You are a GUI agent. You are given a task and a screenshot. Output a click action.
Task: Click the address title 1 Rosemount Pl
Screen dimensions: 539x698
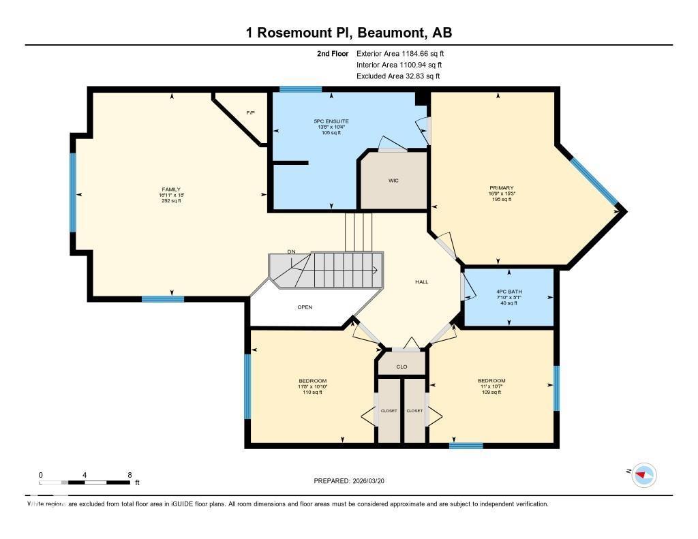pos(348,33)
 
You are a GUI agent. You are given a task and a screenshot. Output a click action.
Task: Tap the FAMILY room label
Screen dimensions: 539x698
pos(171,189)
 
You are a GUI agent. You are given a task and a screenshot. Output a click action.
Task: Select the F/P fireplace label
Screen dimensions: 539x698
pos(250,112)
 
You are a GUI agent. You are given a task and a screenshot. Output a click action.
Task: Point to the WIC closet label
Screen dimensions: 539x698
pos(393,181)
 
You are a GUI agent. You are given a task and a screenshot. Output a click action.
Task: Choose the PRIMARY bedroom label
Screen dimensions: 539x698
pos(501,187)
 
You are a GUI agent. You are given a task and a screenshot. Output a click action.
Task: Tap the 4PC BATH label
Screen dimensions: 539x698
pos(509,292)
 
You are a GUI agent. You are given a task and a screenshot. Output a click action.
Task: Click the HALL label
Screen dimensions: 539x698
pos(422,281)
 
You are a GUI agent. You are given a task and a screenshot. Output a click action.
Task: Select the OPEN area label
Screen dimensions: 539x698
pos(305,307)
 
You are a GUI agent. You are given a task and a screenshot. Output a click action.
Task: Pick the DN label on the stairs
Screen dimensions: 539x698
pos(291,252)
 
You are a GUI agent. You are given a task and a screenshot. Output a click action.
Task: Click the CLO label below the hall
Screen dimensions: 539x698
pos(401,367)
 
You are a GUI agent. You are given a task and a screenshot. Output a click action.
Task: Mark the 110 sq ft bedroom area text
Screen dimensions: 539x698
pos(312,392)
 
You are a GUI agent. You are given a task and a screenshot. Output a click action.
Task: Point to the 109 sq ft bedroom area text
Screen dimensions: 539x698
pos(491,392)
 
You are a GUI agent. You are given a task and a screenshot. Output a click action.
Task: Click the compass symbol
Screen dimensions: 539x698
pos(643,475)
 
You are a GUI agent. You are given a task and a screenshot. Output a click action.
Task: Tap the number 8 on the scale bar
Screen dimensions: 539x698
pos(129,474)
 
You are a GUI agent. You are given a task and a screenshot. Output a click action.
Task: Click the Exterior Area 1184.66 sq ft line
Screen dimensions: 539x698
pos(400,53)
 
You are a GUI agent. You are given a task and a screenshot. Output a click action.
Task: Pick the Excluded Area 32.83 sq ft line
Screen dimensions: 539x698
pos(398,76)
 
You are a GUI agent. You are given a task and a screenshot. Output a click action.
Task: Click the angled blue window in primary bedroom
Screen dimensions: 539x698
pos(594,181)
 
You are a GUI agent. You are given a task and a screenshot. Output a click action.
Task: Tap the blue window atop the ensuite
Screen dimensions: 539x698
pos(301,89)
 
